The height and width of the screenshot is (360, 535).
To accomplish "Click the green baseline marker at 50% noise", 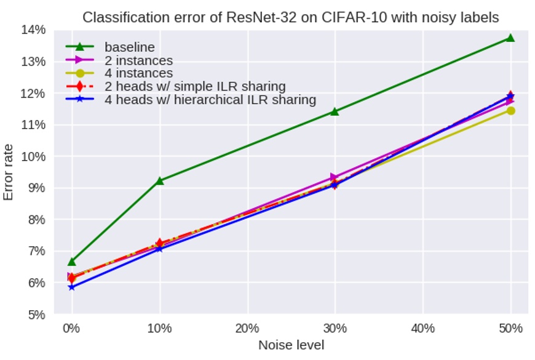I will click(510, 38).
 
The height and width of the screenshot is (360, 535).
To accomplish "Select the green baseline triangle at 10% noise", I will click(160, 181).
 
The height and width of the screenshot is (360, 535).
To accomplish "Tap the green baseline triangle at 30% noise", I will click(335, 111).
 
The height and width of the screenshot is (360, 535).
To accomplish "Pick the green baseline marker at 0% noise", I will click(72, 262).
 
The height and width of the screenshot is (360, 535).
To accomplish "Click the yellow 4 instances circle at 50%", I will click(510, 111).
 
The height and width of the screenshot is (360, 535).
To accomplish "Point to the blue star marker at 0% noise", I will click(72, 287).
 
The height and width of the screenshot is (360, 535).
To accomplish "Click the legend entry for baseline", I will click(129, 47).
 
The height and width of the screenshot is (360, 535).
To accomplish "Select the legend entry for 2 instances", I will click(138, 60).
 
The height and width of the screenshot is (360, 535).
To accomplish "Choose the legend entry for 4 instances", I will click(138, 73).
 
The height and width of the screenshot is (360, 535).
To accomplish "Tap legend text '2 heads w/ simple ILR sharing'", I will click(195, 86).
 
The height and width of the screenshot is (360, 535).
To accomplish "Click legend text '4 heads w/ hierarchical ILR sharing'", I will click(210, 100).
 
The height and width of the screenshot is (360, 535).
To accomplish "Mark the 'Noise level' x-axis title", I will click(291, 345).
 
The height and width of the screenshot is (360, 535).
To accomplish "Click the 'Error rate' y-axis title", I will click(9, 172).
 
